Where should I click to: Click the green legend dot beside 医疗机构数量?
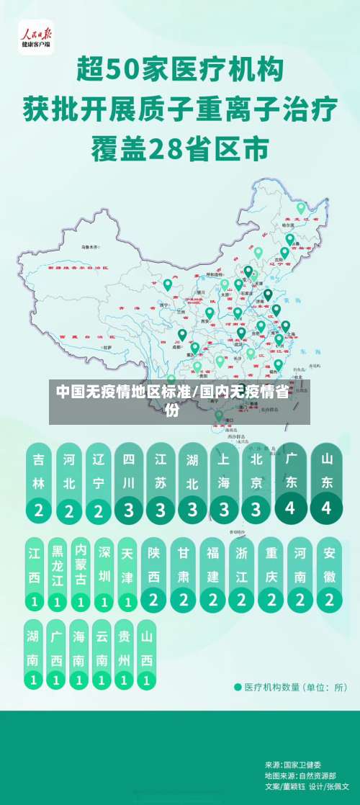[238, 686]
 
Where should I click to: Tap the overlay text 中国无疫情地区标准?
[123, 392]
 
